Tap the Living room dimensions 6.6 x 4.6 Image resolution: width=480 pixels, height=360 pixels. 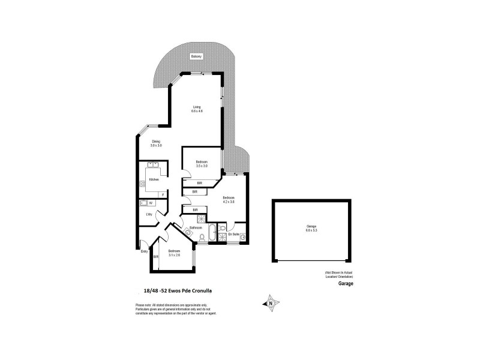pyautogui.click(x=196, y=111)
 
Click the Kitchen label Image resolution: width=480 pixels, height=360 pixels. pyautogui.click(x=154, y=179)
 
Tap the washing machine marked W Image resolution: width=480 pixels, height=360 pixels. pyautogui.click(x=151, y=203)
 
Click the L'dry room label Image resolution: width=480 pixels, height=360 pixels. pyautogui.click(x=149, y=214)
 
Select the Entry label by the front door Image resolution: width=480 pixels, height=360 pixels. pyautogui.click(x=144, y=251)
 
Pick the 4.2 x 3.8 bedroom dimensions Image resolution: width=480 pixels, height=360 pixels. pyautogui.click(x=228, y=201)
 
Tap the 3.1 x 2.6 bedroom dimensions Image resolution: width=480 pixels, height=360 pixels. pyautogui.click(x=174, y=254)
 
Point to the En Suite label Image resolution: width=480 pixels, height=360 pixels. pyautogui.click(x=235, y=234)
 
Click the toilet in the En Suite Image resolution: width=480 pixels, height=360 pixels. pyautogui.click(x=222, y=228)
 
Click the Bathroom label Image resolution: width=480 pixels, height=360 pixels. pyautogui.click(x=196, y=228)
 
